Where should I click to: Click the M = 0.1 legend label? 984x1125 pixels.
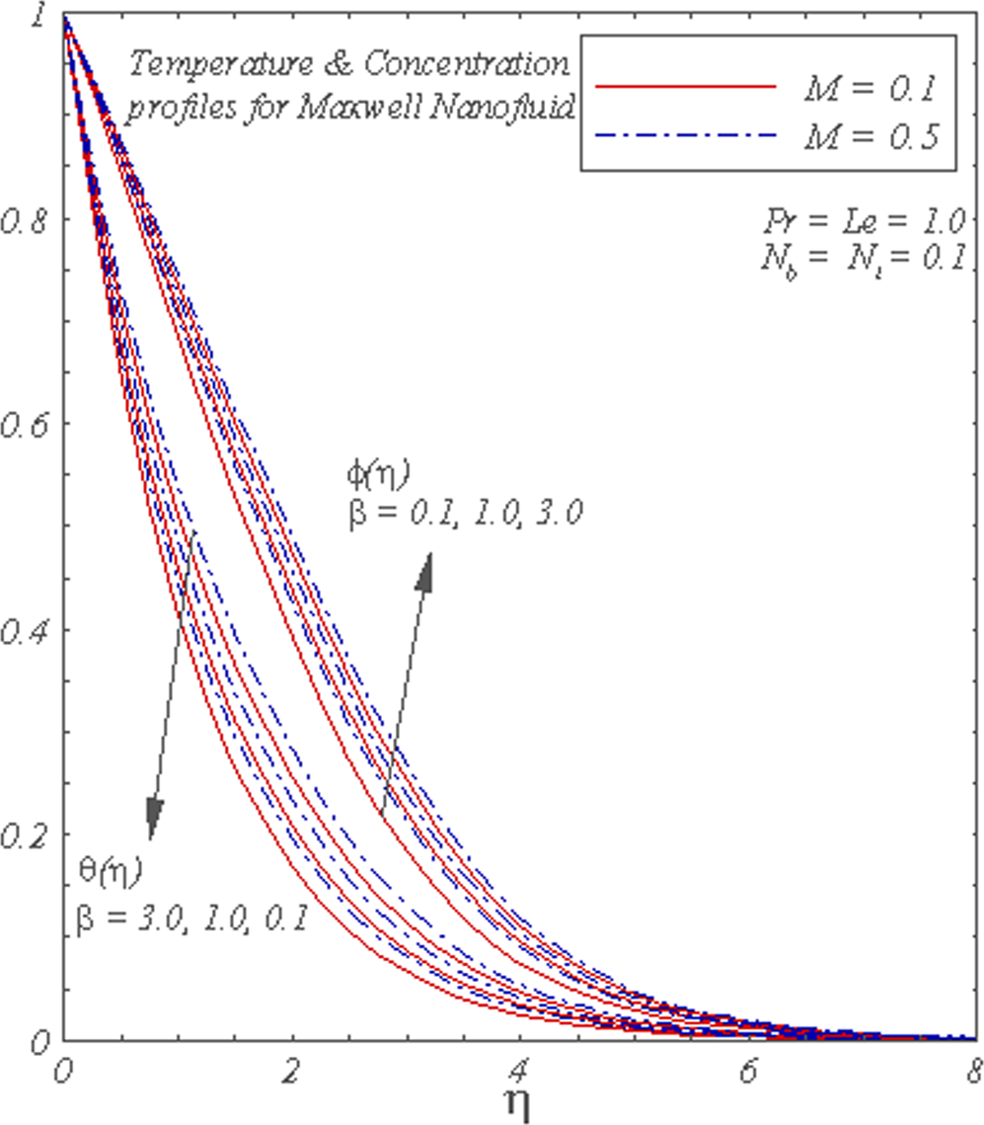click(x=868, y=87)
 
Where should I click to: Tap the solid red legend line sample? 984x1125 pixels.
click(x=687, y=87)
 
